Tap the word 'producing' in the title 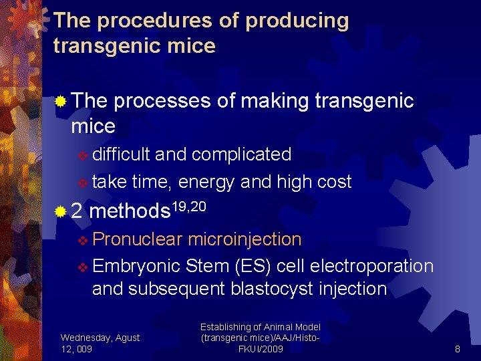coord(297,21)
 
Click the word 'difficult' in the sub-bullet coord(121,154)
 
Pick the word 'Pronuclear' coord(138,239)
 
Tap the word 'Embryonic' coord(136,266)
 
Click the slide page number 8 coord(457,349)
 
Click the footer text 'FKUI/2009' coord(261,349)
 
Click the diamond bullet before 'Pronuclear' coord(83,240)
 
